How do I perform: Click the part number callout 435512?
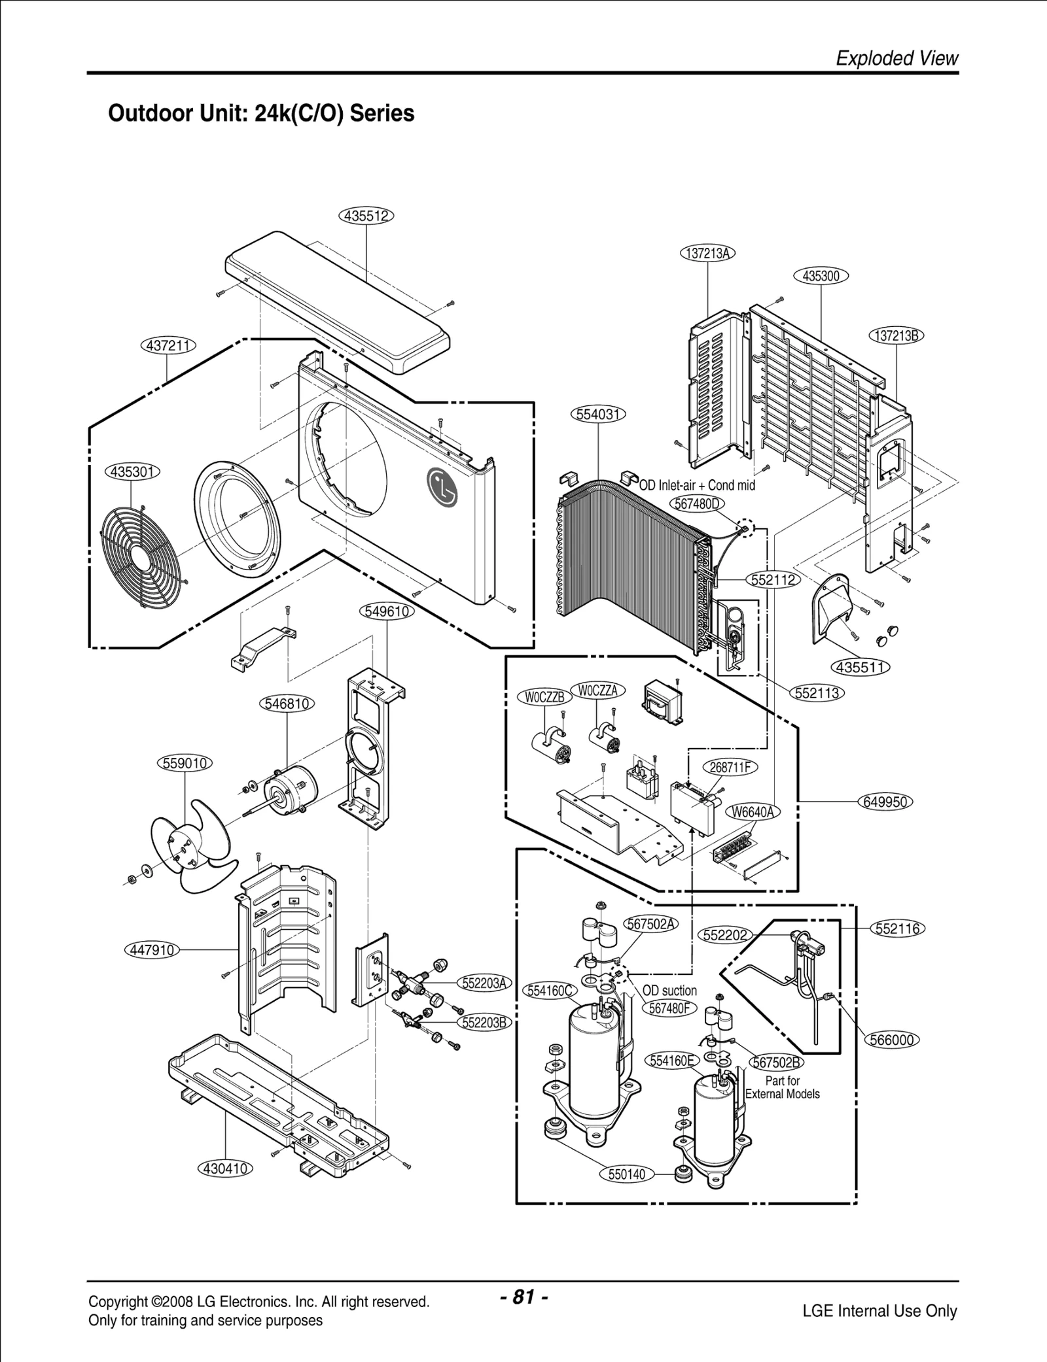pyautogui.click(x=366, y=216)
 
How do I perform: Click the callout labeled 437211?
pyautogui.click(x=169, y=345)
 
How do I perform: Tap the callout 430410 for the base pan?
pyautogui.click(x=225, y=1168)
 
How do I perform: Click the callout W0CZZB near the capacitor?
pyautogui.click(x=544, y=697)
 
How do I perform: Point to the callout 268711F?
pyautogui.click(x=730, y=767)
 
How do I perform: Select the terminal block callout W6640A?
pyautogui.click(x=753, y=812)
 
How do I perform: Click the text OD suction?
pyautogui.click(x=669, y=991)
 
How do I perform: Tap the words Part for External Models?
pyautogui.click(x=782, y=1087)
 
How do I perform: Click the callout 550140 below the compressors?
pyautogui.click(x=626, y=1174)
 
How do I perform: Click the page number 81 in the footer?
pyautogui.click(x=523, y=1297)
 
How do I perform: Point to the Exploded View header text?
pyautogui.click(x=896, y=59)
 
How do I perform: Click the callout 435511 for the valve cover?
pyautogui.click(x=861, y=668)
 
